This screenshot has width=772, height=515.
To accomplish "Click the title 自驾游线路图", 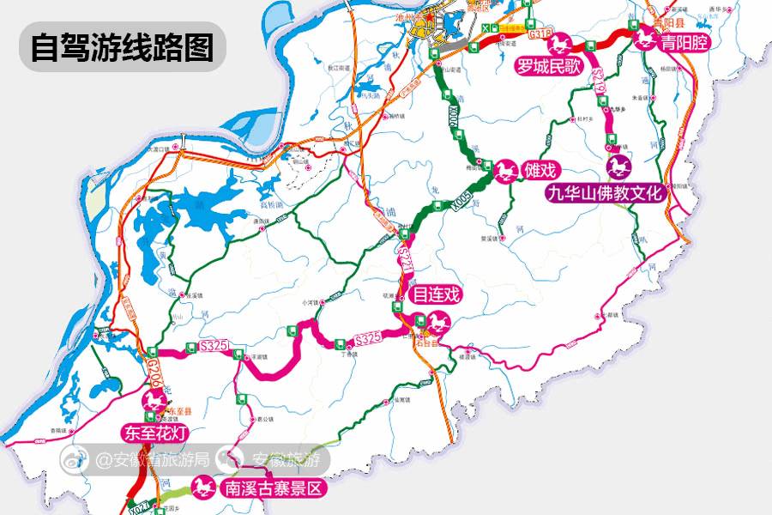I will pos(122,47).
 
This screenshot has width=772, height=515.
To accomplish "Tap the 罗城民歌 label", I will pos(549,65).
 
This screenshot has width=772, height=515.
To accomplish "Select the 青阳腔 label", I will pos(685,41).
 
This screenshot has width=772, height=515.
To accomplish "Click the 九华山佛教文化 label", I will pos(606,194).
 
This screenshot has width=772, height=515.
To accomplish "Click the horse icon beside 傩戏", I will pos(507,171).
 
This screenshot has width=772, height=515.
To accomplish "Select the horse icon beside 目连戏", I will pos(440,324).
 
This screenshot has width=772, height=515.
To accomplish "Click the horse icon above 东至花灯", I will pos(155,401).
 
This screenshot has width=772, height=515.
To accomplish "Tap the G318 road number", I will pos(540,33).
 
